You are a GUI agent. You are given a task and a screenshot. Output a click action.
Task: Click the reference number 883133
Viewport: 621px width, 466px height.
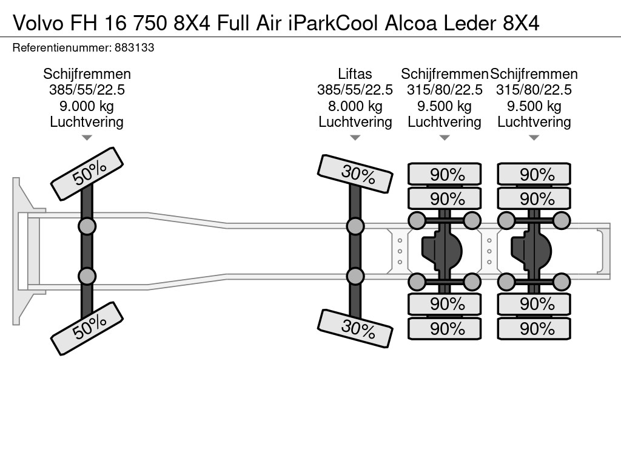(x=134, y=47)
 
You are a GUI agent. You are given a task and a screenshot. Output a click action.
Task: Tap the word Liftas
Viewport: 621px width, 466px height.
(x=355, y=73)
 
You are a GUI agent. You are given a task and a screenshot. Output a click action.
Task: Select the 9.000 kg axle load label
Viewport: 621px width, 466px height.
(x=86, y=106)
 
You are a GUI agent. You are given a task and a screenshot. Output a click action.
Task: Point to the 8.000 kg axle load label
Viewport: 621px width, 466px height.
(x=355, y=106)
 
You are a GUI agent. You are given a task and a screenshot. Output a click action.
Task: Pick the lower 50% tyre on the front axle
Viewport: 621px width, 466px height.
(x=87, y=328)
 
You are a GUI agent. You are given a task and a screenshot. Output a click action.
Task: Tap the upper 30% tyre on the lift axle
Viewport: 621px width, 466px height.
(x=355, y=174)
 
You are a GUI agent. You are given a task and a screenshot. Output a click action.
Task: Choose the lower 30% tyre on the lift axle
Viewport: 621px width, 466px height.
(x=355, y=328)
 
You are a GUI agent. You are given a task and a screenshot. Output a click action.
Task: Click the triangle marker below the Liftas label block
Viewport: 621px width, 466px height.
(x=355, y=138)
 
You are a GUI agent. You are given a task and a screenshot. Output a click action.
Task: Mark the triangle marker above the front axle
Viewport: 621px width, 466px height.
(x=87, y=138)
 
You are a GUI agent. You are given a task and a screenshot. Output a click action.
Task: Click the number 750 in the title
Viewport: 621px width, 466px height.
(x=150, y=24)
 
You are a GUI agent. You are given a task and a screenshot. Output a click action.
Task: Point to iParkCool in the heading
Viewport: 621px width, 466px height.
(x=333, y=24)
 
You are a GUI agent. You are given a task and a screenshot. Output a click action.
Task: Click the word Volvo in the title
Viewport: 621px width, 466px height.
(x=38, y=24)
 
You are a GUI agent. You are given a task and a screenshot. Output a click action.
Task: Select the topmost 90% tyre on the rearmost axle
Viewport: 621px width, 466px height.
(x=534, y=174)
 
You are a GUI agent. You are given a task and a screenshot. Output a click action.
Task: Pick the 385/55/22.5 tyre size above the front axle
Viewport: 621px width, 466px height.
(x=87, y=90)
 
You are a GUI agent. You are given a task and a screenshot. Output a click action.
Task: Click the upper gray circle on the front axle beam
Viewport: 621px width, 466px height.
(x=87, y=227)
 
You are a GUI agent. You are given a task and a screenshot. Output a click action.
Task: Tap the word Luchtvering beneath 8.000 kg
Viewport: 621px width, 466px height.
(x=355, y=121)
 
